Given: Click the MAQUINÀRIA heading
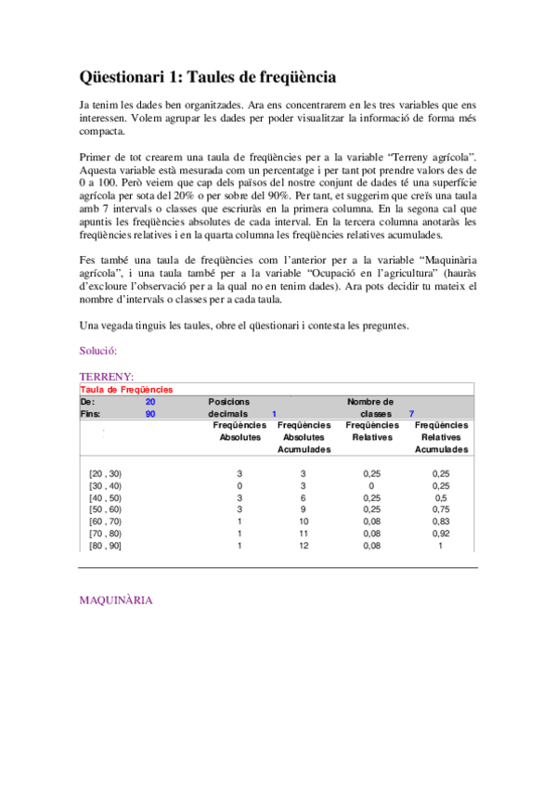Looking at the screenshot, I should click(116, 600).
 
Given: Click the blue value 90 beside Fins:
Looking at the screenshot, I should click(150, 414).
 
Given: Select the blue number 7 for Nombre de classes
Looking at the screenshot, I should click(411, 414).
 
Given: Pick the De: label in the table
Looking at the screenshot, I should click(87, 402).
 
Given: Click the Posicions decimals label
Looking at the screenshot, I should click(228, 407).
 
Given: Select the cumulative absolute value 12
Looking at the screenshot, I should click(303, 546).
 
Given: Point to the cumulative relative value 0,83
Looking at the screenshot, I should click(440, 522).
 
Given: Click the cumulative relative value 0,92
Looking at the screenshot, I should click(440, 534).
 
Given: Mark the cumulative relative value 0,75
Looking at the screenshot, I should click(440, 510).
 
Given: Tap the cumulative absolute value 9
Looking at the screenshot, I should click(303, 510).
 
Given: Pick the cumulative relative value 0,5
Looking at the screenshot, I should click(440, 497).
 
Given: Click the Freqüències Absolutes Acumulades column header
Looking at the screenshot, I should click(304, 437).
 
